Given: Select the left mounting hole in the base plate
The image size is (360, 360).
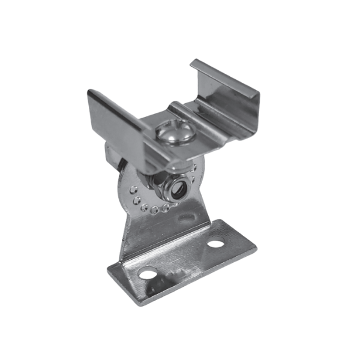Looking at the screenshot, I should [x=146, y=275].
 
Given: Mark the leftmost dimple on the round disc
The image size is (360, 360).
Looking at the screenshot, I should [x=131, y=188].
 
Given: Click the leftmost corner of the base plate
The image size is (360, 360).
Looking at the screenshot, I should [x=108, y=268].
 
